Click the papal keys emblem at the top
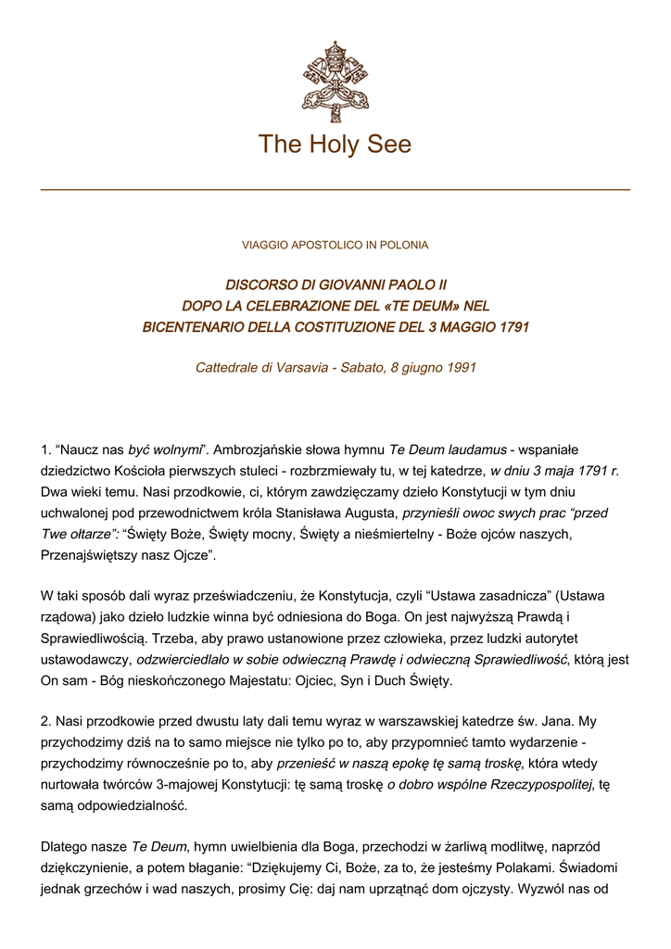(335, 82)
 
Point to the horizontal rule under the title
(335, 190)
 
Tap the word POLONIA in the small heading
(404, 246)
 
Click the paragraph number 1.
(46, 450)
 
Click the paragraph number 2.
(46, 720)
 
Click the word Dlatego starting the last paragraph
(65, 847)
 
